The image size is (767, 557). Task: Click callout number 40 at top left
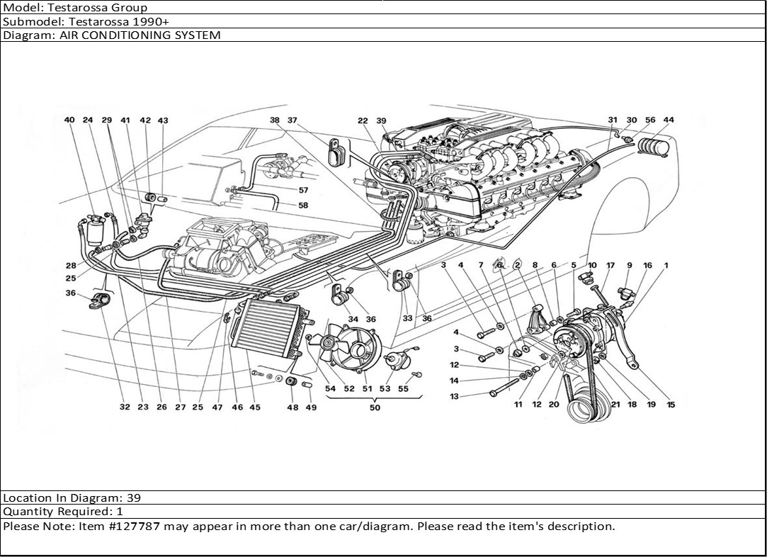pos(69,120)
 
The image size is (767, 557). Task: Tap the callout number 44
pos(669,120)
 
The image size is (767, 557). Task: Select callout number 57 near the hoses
pos(303,191)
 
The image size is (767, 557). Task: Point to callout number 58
pos(303,206)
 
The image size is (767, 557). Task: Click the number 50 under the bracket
pos(375,407)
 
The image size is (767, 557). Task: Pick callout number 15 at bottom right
pos(670,405)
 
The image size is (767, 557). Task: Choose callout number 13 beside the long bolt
pos(454,396)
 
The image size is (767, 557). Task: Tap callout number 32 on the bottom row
pos(125,407)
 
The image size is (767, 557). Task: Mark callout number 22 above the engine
pos(363,121)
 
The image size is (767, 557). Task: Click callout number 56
pos(650,120)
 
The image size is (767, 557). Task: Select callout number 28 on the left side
pos(71,266)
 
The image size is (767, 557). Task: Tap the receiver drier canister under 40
pos(96,231)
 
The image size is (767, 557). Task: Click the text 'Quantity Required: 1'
pos(63,512)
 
